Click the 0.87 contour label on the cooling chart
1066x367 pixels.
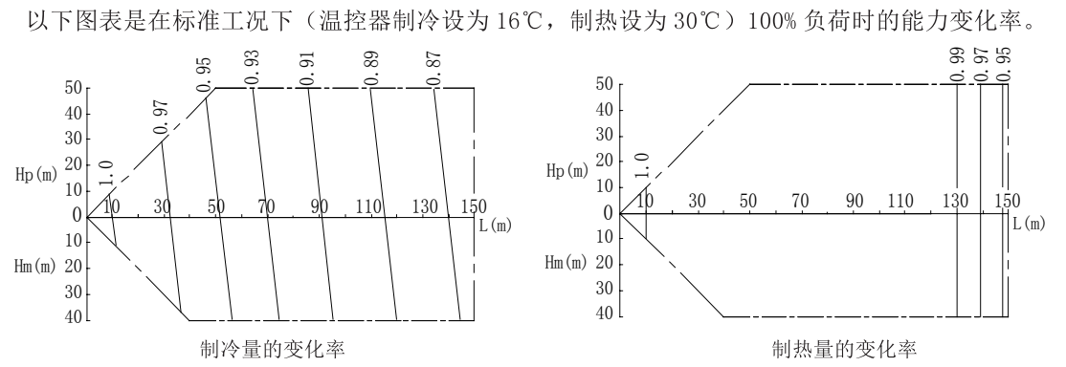[435, 69]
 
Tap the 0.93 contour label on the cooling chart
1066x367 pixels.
[252, 69]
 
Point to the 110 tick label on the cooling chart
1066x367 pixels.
[370, 206]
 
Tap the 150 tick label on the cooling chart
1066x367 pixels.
[474, 206]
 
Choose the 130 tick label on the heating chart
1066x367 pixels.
[954, 202]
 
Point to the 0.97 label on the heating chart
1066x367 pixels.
[980, 63]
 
